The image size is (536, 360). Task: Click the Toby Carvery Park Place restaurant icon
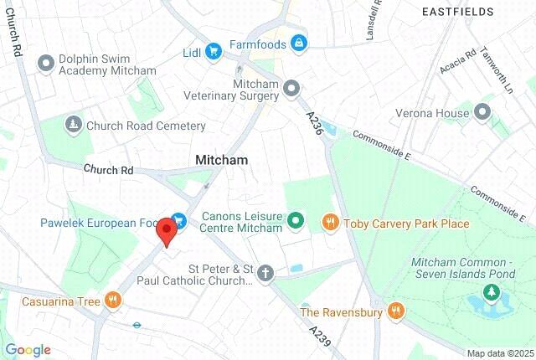point(330,223)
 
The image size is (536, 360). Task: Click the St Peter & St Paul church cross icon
point(265,273)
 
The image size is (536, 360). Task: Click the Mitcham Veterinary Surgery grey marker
point(291,88)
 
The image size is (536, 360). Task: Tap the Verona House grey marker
point(482,112)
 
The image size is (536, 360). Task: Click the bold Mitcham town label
point(221,159)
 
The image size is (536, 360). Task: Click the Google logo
point(28,350)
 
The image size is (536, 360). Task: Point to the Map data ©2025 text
point(499,353)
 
